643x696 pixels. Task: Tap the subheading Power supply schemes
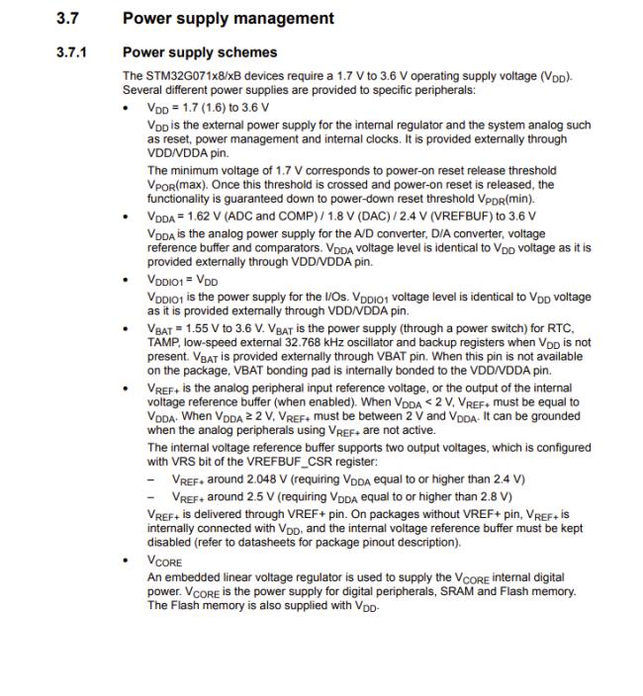199,51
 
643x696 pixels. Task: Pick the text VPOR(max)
169,185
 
